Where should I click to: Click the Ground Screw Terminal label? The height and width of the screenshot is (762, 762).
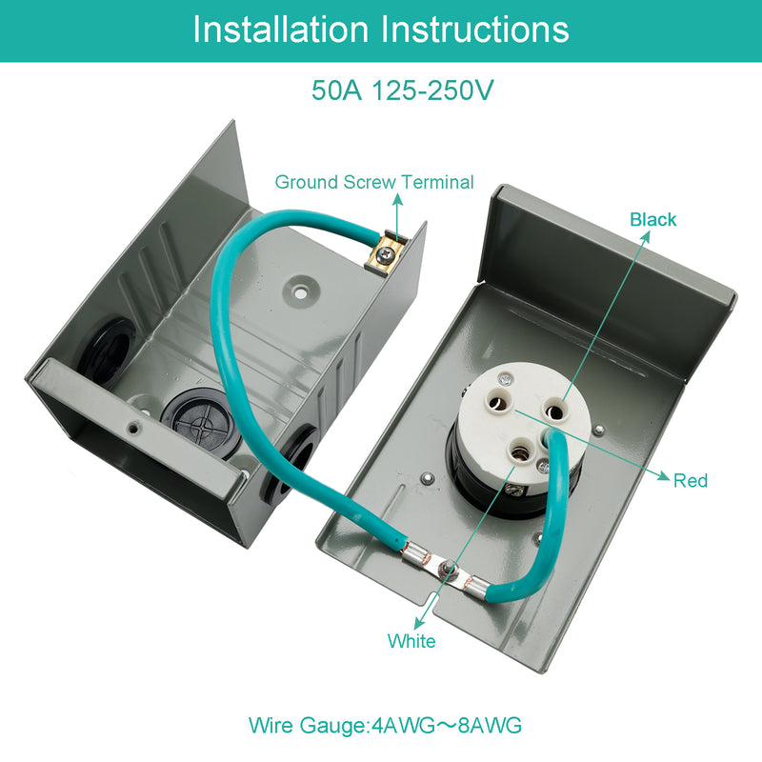pos(373,182)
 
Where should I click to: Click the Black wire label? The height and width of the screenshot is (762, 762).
pos(653,220)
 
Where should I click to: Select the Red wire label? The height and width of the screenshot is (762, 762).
pos(691,480)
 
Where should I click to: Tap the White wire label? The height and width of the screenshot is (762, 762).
pos(411,641)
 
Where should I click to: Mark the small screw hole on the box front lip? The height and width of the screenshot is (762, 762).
pos(134,426)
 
